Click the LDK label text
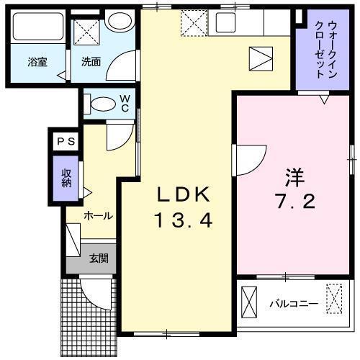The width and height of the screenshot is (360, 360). click(184, 194)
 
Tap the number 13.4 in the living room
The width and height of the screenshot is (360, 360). click(184, 221)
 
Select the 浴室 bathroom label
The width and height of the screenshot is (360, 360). click(37, 62)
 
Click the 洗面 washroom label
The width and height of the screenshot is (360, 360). click(90, 62)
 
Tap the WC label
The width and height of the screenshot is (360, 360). click(124, 103)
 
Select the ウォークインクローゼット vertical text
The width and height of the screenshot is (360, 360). click(319, 49)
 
